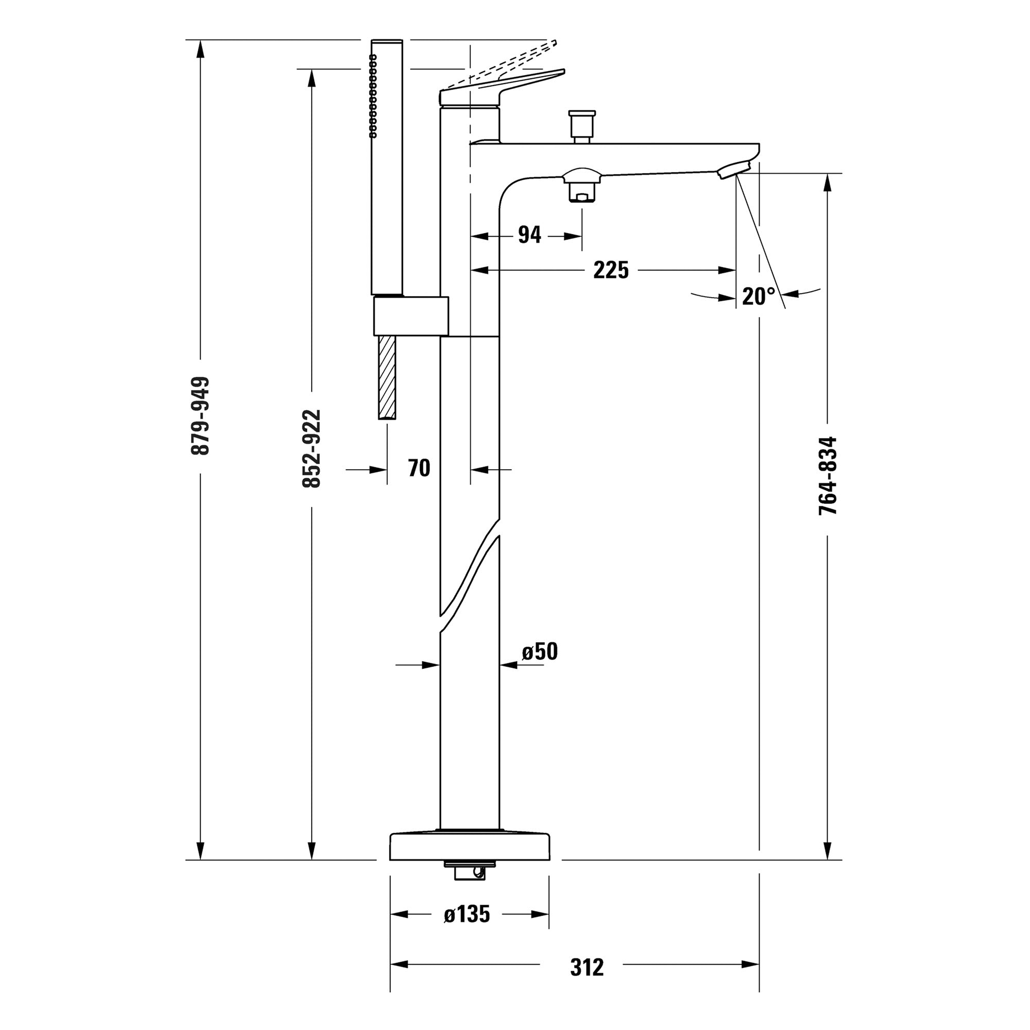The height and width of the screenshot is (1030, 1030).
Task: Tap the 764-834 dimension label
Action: tap(828, 475)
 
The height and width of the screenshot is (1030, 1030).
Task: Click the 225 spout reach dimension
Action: tap(611, 270)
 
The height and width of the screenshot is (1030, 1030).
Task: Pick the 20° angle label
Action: tap(759, 297)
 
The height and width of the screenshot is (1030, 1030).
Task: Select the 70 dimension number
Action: tap(419, 468)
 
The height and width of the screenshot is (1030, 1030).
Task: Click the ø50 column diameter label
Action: tap(540, 651)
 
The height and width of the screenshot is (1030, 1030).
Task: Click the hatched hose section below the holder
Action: tap(387, 377)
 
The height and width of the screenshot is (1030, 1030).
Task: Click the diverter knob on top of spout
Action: tap(581, 125)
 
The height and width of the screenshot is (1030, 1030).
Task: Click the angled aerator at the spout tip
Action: tap(732, 171)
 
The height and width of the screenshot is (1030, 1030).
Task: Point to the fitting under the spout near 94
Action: tap(581, 186)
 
